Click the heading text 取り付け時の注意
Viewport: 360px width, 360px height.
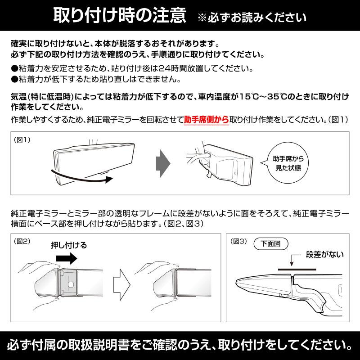(120, 16)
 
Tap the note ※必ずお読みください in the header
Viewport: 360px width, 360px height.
(252, 18)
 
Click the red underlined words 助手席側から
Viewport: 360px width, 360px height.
(206, 120)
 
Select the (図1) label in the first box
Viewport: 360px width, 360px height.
(22, 139)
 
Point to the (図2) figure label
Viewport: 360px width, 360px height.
(22, 241)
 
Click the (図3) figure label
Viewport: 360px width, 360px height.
(239, 241)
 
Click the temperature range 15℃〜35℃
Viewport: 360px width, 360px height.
(258, 97)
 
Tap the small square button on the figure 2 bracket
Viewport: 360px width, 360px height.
(72, 284)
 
